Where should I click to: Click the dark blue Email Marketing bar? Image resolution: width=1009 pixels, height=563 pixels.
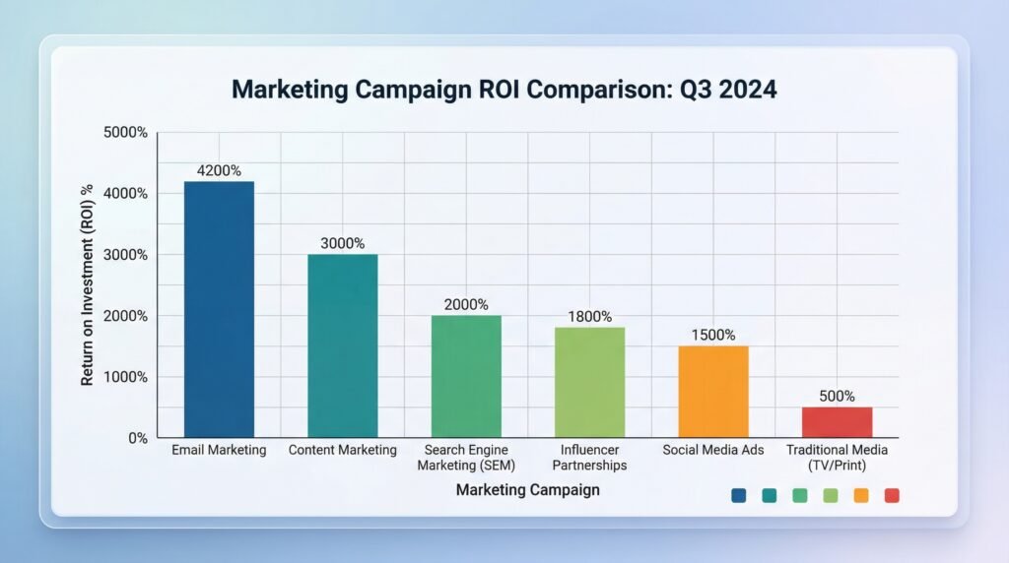click(x=219, y=309)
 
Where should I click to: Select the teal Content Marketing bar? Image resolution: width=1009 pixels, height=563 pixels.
click(x=342, y=345)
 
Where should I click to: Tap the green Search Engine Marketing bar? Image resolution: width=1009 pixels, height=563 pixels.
click(x=466, y=376)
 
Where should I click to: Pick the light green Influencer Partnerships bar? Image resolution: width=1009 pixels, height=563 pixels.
click(x=589, y=382)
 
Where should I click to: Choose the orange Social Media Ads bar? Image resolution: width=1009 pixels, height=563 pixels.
click(x=713, y=392)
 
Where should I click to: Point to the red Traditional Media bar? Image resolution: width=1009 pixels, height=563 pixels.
click(x=837, y=422)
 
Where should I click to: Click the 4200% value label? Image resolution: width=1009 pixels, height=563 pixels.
click(x=219, y=170)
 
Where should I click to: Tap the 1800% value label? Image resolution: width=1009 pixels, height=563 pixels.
click(x=589, y=317)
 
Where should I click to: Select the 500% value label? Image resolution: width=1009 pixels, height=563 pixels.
click(x=837, y=397)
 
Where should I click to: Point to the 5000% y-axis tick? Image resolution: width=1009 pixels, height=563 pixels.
click(x=126, y=132)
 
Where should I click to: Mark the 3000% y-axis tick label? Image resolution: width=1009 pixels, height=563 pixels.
click(x=126, y=255)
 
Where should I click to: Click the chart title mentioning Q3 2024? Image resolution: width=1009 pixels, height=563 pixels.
click(x=504, y=90)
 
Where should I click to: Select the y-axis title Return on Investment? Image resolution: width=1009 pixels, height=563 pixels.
click(x=87, y=283)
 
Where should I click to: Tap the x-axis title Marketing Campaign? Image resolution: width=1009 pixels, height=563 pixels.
click(x=527, y=489)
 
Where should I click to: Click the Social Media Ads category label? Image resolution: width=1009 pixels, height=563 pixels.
click(x=713, y=450)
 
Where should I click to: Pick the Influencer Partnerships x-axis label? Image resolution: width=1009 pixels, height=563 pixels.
click(x=589, y=457)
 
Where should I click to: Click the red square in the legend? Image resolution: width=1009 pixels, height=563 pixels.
click(x=892, y=495)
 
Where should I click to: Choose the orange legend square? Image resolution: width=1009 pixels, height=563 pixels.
click(x=861, y=495)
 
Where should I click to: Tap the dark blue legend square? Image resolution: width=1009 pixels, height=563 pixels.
click(x=739, y=495)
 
